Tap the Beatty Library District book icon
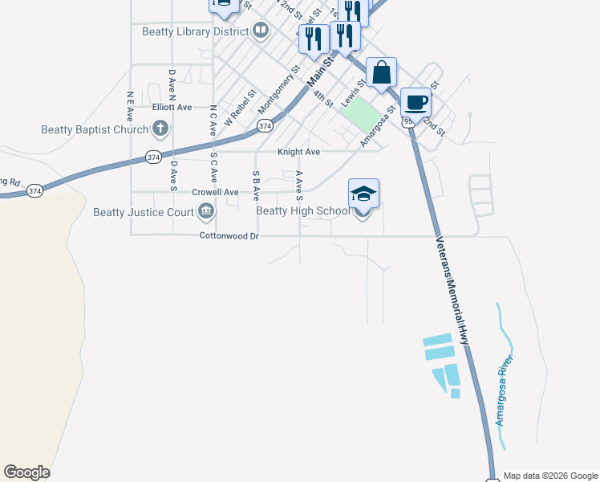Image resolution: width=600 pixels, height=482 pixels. coord(261,31)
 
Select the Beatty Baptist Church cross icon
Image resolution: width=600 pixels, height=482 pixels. coord(160,129)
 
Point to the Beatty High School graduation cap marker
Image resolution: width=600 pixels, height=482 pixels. coord(363,194)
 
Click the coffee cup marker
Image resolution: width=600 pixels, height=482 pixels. coord(416,103)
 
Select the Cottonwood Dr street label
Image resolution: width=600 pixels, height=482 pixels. coord(230,236)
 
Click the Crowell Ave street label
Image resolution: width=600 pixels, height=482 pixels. coord(215,192)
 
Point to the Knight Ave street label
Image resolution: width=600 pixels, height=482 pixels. coord(298,151)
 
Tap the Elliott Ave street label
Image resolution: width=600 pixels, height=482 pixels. coord(172,107)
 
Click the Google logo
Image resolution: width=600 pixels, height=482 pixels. coord(26,472)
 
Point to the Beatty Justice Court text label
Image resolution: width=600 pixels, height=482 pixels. coord(143,212)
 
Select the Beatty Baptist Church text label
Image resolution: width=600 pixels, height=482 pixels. coord(95,129)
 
